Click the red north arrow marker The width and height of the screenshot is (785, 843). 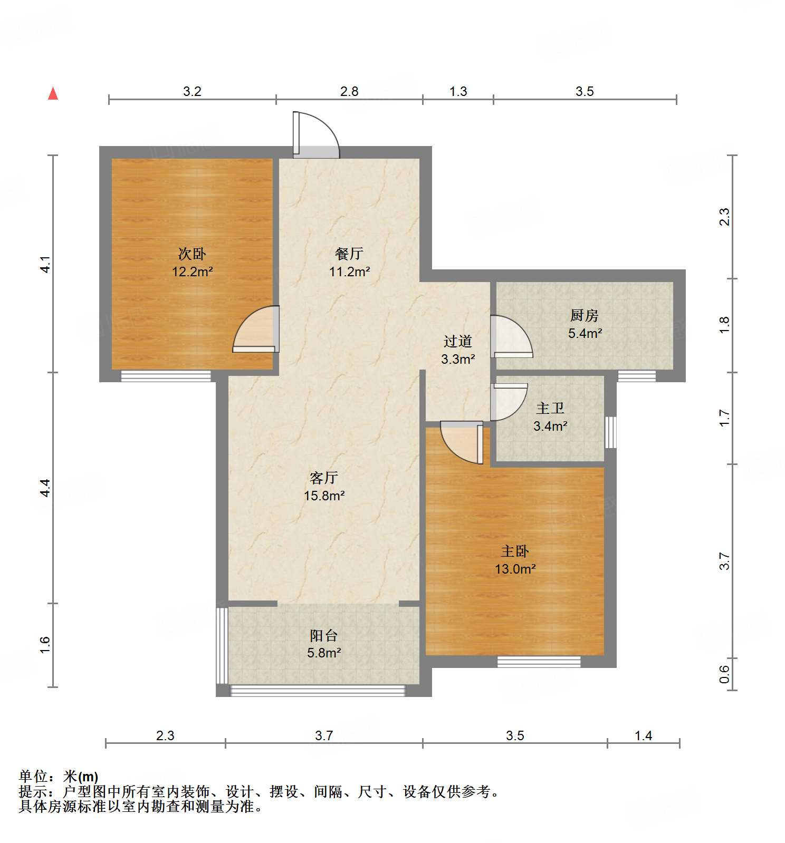pyautogui.click(x=53, y=93)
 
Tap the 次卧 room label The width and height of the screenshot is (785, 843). pyautogui.click(x=192, y=254)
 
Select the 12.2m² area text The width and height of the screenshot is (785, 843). pyautogui.click(x=192, y=272)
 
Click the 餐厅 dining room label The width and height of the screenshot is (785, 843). pyautogui.click(x=349, y=254)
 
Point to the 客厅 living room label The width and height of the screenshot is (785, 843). pyautogui.click(x=324, y=478)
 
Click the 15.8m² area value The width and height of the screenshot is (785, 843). pyautogui.click(x=324, y=496)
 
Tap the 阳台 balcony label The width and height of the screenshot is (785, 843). pyautogui.click(x=323, y=635)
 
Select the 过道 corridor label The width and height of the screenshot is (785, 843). pyautogui.click(x=457, y=342)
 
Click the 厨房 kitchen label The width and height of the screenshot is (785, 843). pyautogui.click(x=585, y=315)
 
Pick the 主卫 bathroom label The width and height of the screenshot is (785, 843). pyautogui.click(x=550, y=408)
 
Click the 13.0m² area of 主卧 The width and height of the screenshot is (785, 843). pyautogui.click(x=515, y=569)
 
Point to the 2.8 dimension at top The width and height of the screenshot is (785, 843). pyautogui.click(x=349, y=92)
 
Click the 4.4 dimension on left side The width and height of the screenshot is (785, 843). pyautogui.click(x=45, y=488)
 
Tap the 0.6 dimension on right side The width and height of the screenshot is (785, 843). pyautogui.click(x=725, y=674)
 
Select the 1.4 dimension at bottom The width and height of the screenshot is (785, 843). pyautogui.click(x=643, y=735)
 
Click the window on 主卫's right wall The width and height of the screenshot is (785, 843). pyautogui.click(x=610, y=432)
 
